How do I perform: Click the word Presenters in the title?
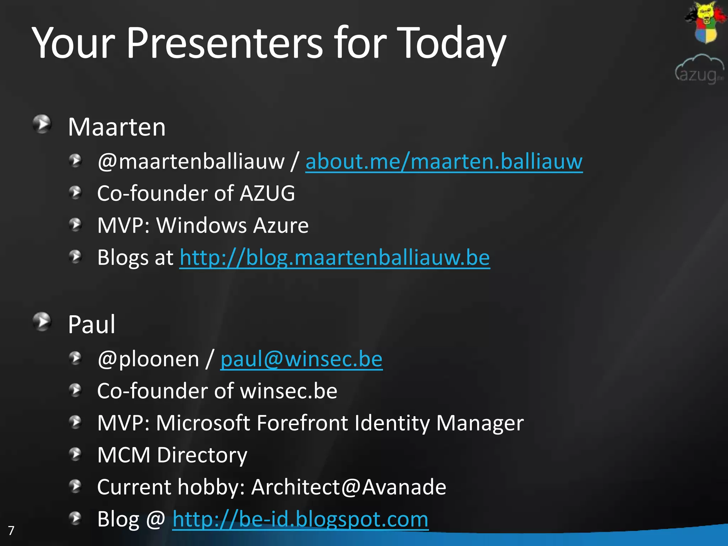point(224,43)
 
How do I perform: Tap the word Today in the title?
point(451,43)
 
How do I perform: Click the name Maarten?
point(117,127)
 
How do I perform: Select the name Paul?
point(91,325)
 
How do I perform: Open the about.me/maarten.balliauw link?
point(444,162)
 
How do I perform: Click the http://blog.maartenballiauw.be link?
point(334,258)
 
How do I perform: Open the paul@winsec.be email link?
point(301,359)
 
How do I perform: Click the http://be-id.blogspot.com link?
point(300,519)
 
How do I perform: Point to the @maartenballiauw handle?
point(191,162)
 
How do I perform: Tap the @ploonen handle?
point(148,359)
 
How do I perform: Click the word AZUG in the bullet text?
point(267,194)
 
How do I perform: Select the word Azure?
point(280,226)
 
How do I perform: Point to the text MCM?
point(124,455)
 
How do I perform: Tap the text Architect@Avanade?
point(349,487)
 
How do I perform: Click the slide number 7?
point(11,531)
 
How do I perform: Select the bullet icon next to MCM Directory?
point(75,454)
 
